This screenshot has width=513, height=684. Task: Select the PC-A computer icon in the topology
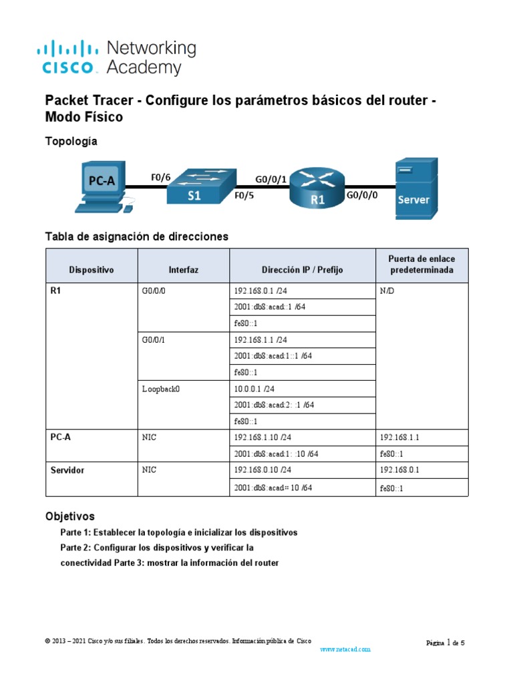point(101,186)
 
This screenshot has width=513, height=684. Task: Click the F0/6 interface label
point(161,177)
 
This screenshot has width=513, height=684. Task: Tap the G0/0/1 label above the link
point(271,178)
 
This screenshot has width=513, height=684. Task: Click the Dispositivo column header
point(92,270)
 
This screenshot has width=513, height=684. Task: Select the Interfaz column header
point(183,270)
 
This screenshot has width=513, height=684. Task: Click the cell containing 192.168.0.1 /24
point(261,291)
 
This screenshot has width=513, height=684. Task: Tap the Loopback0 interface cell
point(162,388)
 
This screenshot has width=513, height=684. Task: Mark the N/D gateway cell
point(388,291)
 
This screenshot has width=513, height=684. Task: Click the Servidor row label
point(67,470)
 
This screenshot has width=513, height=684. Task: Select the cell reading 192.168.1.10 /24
point(263,438)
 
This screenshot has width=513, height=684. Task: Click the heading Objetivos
point(69,516)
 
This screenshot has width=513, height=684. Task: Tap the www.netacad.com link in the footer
point(345,649)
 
